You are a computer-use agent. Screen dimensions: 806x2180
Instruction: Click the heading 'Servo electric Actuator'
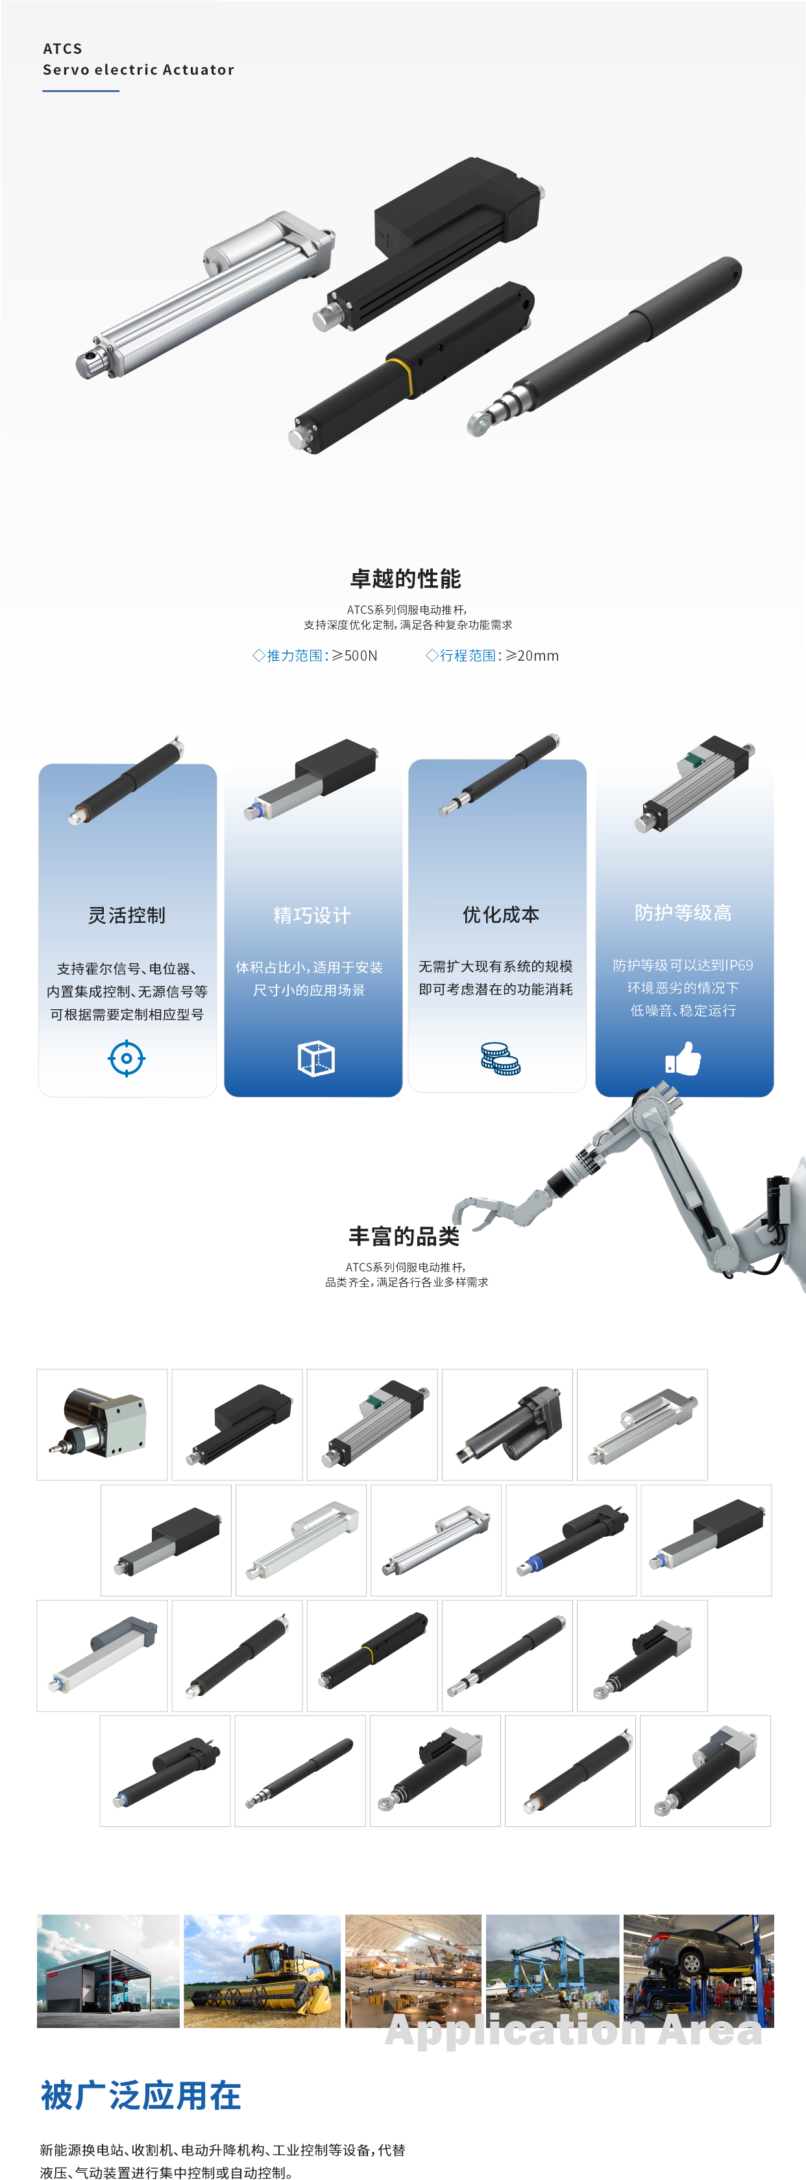pos(139,69)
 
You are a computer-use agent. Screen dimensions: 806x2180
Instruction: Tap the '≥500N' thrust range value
pos(355,656)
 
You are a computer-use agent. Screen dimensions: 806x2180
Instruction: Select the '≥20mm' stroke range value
pos(533,656)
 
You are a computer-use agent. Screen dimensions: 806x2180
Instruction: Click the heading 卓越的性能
pos(406,579)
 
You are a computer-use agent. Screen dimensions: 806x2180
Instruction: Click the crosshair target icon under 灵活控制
pos(127,1058)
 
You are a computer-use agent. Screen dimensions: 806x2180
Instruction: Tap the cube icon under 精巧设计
pos(316,1059)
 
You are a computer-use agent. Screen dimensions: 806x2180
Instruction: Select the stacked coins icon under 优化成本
pos(500,1059)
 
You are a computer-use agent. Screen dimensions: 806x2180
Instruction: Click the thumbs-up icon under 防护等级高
pos(683,1058)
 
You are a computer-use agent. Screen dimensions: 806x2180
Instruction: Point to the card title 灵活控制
pos(127,915)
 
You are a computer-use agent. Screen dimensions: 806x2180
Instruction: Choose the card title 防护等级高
pos(683,912)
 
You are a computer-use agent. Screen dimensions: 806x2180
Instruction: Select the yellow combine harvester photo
pos(262,1971)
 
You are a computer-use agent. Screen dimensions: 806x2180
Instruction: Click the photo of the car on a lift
pos(698,1971)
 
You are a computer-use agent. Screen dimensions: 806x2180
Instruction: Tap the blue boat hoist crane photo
pos(552,1971)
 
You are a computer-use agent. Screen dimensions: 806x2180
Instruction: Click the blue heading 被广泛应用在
pos(141,2096)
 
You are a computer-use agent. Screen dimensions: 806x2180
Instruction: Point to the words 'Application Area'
pos(574,2031)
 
